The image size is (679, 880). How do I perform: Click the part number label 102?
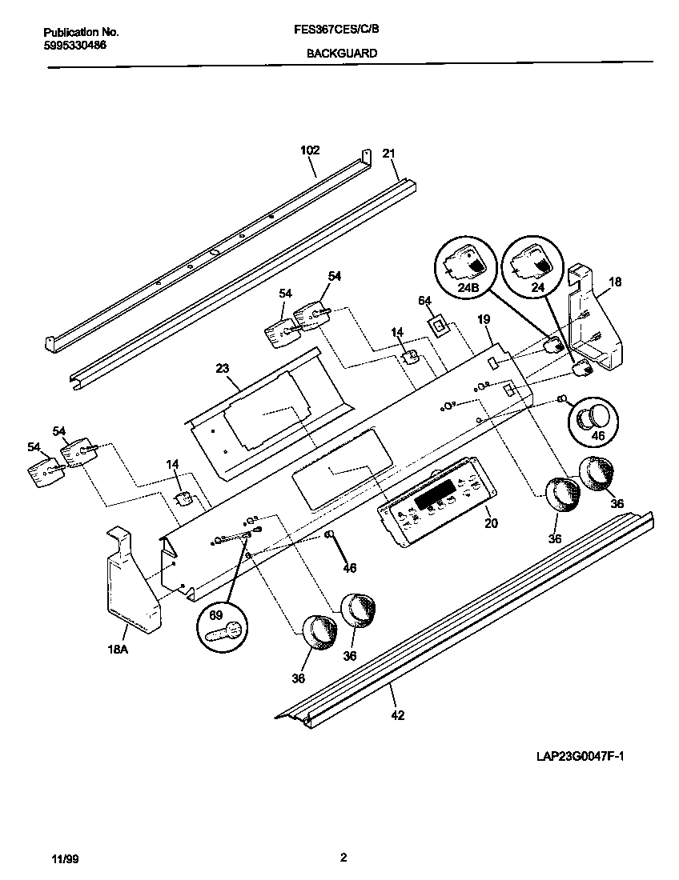[x=310, y=150]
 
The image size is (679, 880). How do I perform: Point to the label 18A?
[x=118, y=650]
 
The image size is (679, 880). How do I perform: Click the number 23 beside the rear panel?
[x=222, y=368]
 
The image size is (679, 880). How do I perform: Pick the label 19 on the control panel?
[x=484, y=319]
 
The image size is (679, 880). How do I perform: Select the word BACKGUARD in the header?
[x=342, y=54]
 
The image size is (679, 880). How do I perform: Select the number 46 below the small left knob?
[x=349, y=568]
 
